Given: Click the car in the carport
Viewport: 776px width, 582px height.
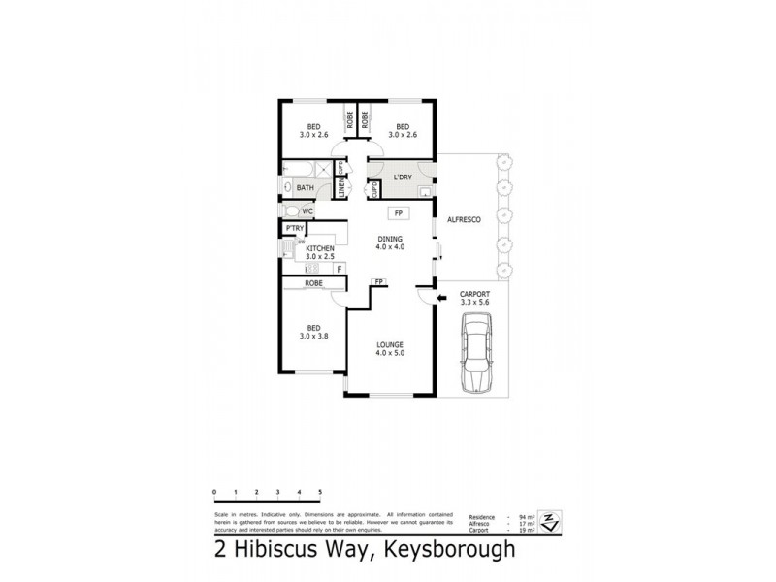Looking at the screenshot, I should [x=476, y=358].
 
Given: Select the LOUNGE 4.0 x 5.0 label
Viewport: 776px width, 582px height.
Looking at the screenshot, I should [x=390, y=348].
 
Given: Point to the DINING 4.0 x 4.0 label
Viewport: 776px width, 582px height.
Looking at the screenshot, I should [x=391, y=243].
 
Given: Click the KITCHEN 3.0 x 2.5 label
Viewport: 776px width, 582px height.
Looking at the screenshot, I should [x=320, y=252].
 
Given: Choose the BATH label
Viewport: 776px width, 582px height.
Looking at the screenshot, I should [x=305, y=187].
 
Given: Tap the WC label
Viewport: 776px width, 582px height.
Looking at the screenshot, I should [x=307, y=210].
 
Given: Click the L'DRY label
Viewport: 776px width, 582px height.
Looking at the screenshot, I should [x=403, y=178].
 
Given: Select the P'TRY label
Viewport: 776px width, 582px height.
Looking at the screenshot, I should [x=291, y=228].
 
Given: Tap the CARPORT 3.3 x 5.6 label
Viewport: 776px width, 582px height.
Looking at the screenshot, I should [x=474, y=298].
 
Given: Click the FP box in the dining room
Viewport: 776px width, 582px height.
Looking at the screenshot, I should [x=396, y=212].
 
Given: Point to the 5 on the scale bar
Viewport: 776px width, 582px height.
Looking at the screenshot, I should [x=319, y=494].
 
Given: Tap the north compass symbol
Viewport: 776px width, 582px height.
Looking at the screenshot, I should [x=550, y=522].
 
